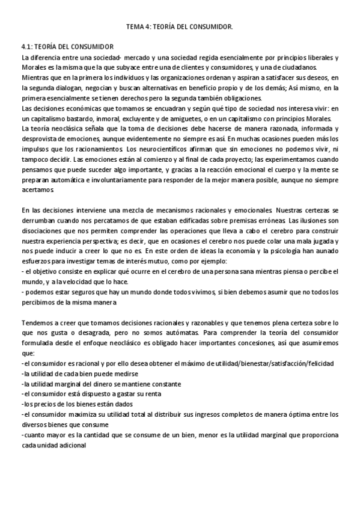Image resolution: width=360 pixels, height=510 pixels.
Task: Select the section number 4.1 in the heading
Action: point(26,47)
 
